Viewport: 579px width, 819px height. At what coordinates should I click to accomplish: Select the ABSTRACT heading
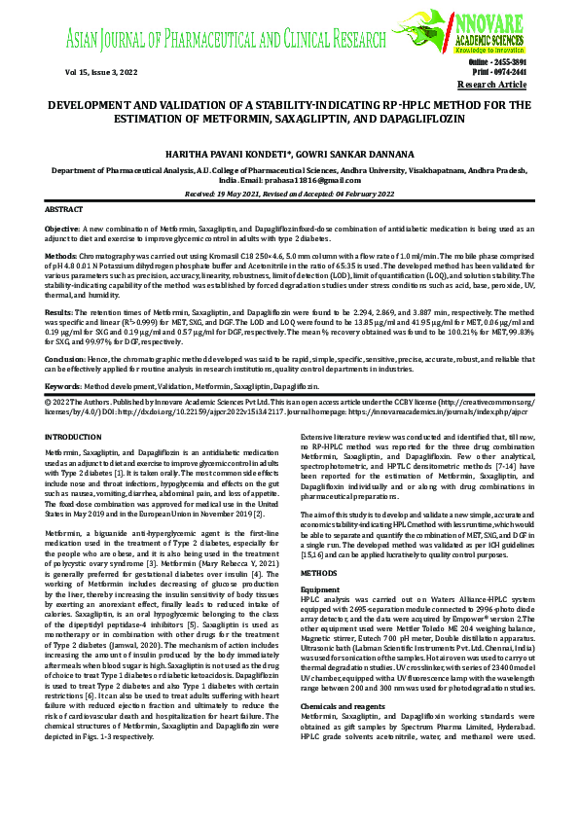point(64,209)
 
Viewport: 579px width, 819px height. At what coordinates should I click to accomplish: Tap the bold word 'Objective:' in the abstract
point(62,227)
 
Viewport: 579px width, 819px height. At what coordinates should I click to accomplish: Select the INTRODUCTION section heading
point(73,439)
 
